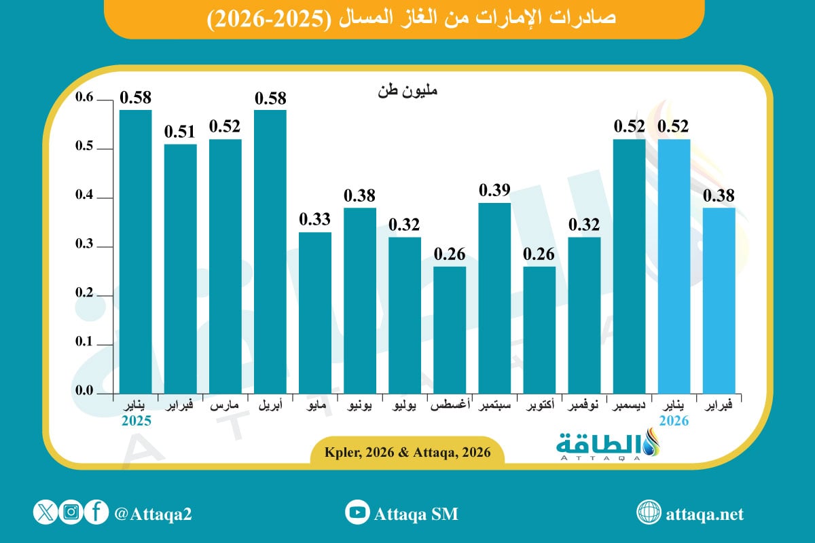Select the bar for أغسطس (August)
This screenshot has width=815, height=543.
click(450, 330)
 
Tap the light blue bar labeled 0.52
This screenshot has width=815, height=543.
click(674, 266)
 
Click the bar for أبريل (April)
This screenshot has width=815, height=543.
click(270, 251)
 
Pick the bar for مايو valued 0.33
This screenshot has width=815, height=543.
click(315, 312)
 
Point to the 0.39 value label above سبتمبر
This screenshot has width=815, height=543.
click(494, 190)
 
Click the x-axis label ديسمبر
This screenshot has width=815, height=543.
click(629, 406)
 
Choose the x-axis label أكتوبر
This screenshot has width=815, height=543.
click(539, 406)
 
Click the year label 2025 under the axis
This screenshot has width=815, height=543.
click(136, 421)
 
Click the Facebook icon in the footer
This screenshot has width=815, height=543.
click(97, 512)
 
